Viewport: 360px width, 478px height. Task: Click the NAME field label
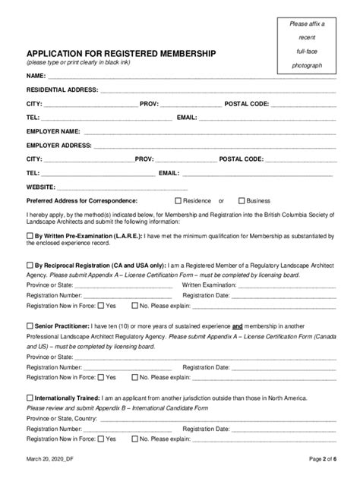(36, 77)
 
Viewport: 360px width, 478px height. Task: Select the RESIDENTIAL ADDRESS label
(62, 90)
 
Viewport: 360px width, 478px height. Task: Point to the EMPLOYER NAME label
(52, 131)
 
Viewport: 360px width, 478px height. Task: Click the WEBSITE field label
(40, 187)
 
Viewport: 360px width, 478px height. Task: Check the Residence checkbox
(178, 201)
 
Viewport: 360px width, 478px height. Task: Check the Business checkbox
(242, 201)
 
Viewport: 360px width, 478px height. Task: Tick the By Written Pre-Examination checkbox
(30, 237)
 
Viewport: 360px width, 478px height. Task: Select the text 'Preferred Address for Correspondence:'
(82, 201)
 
